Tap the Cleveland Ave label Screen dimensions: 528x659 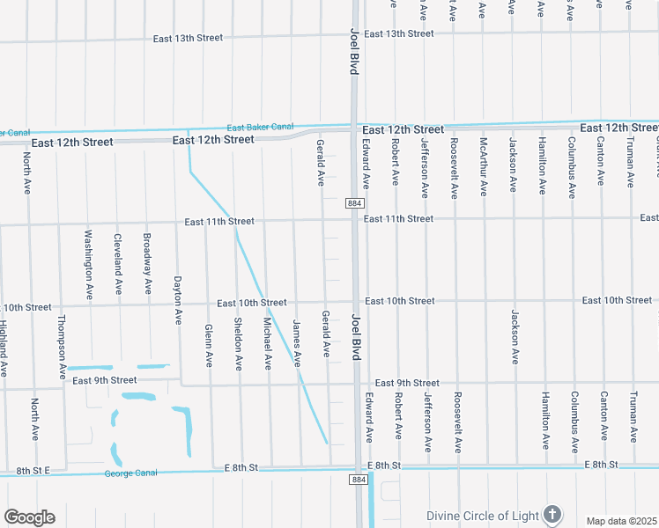(x=118, y=263)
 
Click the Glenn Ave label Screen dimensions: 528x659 (x=209, y=345)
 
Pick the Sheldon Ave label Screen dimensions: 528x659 (x=238, y=343)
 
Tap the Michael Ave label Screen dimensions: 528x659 (x=267, y=343)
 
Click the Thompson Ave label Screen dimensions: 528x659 (x=61, y=347)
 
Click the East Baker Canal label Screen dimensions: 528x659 (x=260, y=127)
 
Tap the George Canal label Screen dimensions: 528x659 (x=130, y=473)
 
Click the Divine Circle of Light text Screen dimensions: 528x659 (x=482, y=516)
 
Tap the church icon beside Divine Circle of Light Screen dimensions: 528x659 (x=552, y=514)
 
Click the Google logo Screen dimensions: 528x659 (x=29, y=517)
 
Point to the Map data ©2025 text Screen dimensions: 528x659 (x=621, y=521)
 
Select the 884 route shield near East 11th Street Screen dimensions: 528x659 (x=354, y=203)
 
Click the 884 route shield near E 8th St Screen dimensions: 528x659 (x=357, y=480)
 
